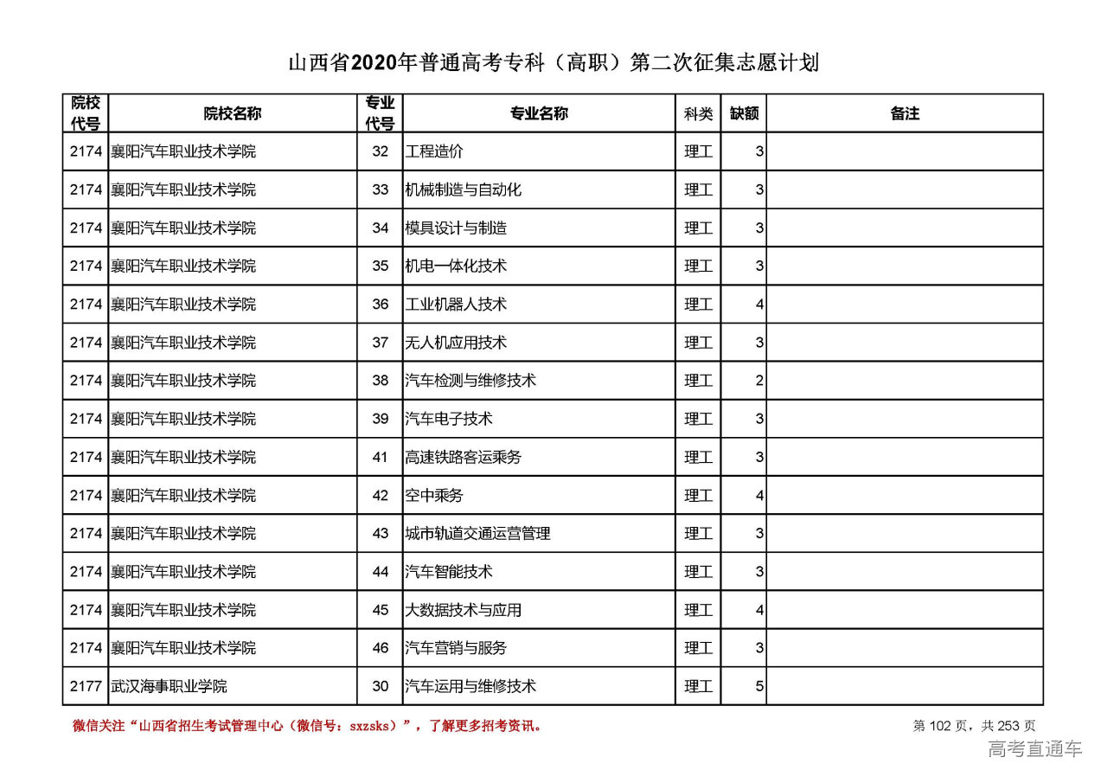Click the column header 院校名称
tap(232, 113)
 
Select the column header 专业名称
tap(538, 113)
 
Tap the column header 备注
tap(904, 113)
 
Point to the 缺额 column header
tap(743, 113)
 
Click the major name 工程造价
tap(434, 151)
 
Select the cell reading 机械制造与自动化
tap(464, 189)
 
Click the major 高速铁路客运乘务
tap(464, 457)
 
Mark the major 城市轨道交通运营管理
tap(478, 534)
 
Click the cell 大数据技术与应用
tap(464, 610)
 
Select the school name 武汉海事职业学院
tap(169, 686)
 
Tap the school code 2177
tap(86, 686)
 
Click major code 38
tap(381, 381)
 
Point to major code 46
tap(381, 648)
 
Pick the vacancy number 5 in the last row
tap(759, 686)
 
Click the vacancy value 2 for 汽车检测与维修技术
tap(759, 381)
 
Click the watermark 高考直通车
tap(1034, 749)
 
